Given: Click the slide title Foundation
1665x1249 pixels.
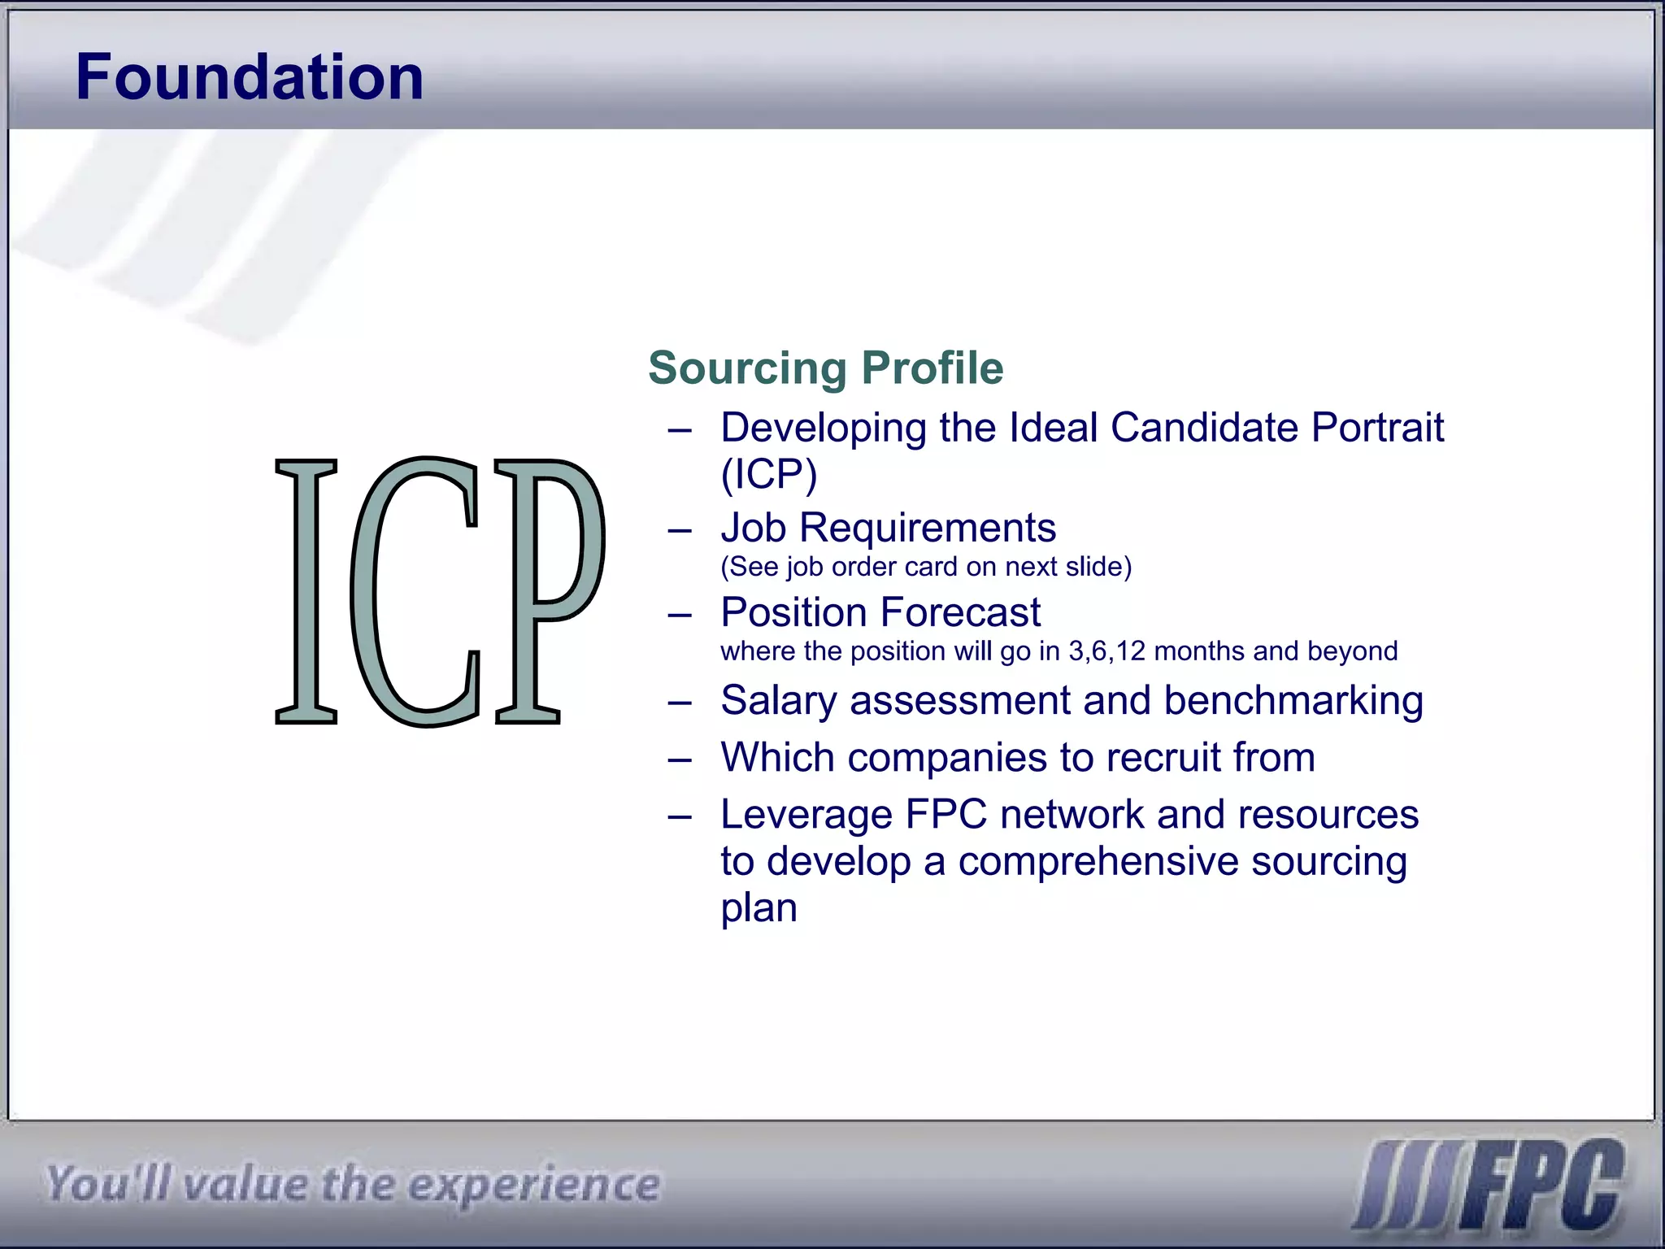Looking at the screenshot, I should [x=250, y=76].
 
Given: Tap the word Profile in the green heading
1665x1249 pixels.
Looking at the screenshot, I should [x=932, y=368].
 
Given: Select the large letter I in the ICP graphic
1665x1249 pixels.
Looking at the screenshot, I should [x=306, y=591].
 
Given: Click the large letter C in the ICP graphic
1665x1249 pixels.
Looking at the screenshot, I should [x=415, y=591].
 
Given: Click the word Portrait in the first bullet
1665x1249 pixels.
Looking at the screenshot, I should [x=1377, y=428].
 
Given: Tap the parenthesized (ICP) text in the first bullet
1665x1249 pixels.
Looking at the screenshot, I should [x=768, y=474].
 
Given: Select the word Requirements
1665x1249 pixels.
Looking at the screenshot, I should [x=928, y=528].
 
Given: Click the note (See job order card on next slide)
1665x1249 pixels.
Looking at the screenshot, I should [x=926, y=567].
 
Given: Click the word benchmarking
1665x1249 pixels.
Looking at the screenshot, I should [x=1293, y=701].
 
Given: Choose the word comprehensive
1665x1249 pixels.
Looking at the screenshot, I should [x=1098, y=862].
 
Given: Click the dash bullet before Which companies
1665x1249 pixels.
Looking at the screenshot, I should [x=680, y=759].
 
